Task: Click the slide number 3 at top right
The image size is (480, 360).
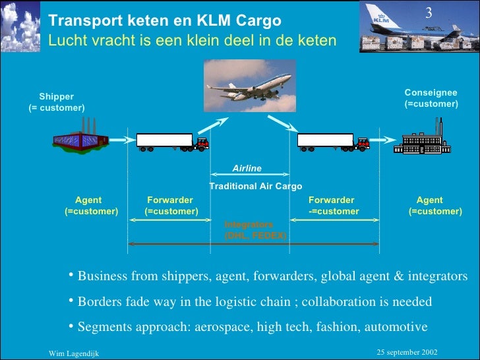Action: [x=429, y=14]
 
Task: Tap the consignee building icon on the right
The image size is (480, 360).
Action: [x=421, y=140]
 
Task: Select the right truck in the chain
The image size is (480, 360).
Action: [x=333, y=141]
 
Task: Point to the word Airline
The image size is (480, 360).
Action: [x=247, y=169]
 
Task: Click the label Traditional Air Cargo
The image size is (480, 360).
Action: [x=256, y=187]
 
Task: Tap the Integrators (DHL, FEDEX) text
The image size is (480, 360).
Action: [x=255, y=229]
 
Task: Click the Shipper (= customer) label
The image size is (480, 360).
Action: [x=57, y=102]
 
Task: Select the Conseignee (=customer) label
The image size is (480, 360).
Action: [x=431, y=98]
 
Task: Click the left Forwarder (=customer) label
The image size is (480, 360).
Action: [x=171, y=206]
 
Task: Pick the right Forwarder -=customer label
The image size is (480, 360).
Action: [x=334, y=206]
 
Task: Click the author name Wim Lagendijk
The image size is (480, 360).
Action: [x=74, y=354]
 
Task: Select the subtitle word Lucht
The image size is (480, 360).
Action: [x=66, y=41]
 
